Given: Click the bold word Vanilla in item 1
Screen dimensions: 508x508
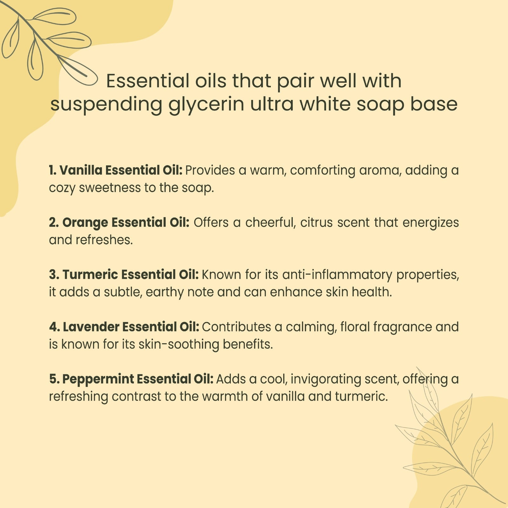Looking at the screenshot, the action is pyautogui.click(x=81, y=170).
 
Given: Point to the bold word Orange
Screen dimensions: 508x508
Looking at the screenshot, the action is pyautogui.click(x=85, y=223).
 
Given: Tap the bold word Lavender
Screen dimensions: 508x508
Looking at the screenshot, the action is pyautogui.click(x=91, y=327).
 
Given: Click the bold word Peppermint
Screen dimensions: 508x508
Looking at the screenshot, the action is pyautogui.click(x=98, y=379).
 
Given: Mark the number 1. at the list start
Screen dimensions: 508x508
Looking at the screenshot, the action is pyautogui.click(x=53, y=170).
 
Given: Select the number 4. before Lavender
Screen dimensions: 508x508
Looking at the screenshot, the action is pyautogui.click(x=55, y=327).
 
